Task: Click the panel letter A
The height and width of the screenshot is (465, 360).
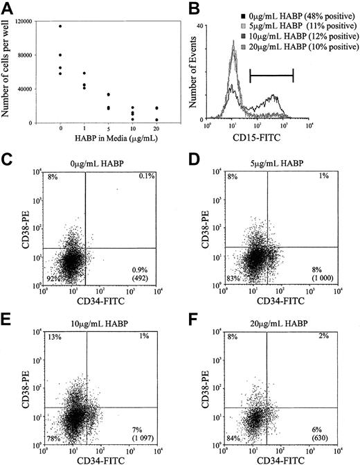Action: click(x=9, y=9)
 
